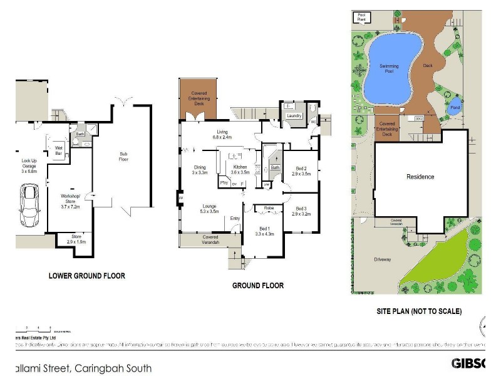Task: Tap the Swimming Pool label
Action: [390, 68]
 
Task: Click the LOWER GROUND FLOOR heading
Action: [87, 276]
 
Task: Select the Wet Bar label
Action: [59, 150]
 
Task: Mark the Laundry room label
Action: [294, 116]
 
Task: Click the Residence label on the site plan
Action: [420, 177]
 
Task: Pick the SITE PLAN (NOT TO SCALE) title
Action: [419, 311]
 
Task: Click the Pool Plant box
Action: [361, 17]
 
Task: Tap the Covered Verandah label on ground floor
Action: [210, 239]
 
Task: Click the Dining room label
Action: [200, 169]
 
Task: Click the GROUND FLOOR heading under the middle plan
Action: [258, 286]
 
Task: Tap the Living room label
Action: [223, 134]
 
